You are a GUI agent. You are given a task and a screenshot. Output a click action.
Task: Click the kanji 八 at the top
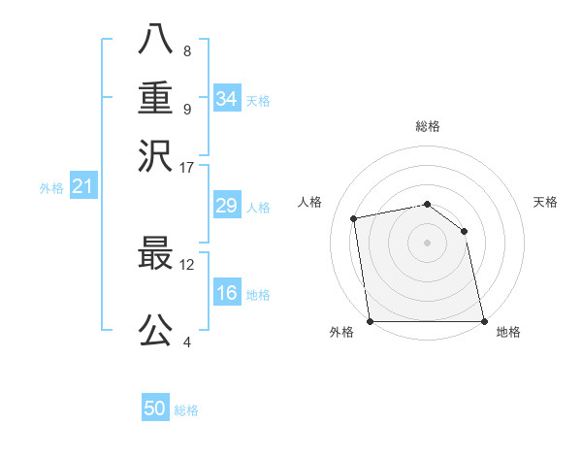click(x=155, y=41)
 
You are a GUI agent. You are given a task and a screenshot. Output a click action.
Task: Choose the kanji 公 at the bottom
click(x=155, y=329)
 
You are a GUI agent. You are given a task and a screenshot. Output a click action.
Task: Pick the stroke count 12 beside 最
click(x=187, y=263)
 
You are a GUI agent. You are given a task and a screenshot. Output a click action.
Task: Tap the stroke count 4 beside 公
click(x=186, y=341)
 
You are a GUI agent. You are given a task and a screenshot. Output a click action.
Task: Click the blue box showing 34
click(x=227, y=99)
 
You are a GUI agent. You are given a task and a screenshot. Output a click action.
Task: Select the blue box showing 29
click(x=227, y=206)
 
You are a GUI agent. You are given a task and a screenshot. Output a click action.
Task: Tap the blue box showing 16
click(x=227, y=293)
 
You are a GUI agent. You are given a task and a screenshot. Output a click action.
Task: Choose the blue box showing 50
click(x=155, y=408)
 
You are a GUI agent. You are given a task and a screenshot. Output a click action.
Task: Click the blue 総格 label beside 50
click(x=186, y=410)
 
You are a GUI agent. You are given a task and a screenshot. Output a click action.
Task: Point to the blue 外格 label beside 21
click(x=51, y=188)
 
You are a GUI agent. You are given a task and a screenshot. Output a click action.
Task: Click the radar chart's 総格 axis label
click(x=428, y=126)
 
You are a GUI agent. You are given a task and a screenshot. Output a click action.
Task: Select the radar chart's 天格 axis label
click(x=546, y=202)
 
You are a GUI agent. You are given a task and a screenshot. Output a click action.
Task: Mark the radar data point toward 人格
click(x=355, y=218)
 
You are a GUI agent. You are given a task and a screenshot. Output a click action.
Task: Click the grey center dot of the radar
click(x=428, y=242)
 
